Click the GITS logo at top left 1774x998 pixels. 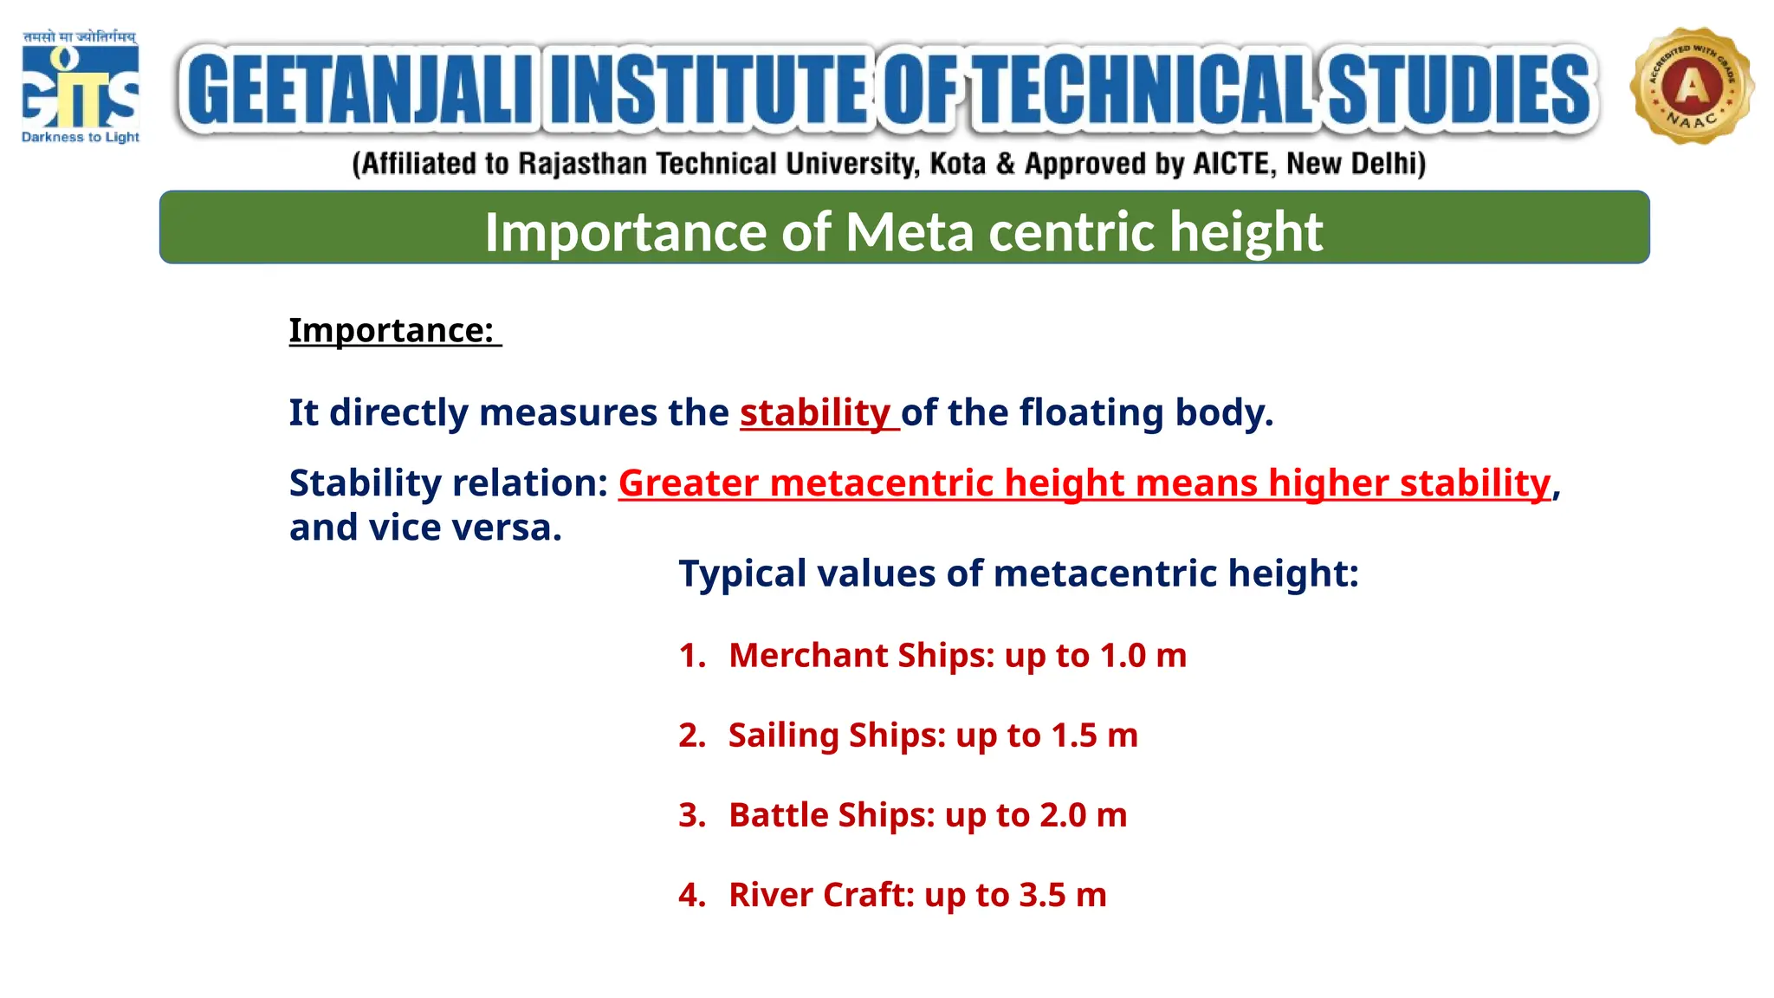click(80, 87)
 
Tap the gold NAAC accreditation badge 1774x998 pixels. click(1692, 86)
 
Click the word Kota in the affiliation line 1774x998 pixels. click(957, 164)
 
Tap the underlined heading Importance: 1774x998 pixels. click(392, 330)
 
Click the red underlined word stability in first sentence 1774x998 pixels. click(815, 412)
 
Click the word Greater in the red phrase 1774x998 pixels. click(688, 483)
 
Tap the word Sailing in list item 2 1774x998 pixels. click(784, 736)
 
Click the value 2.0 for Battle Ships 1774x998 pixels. click(1063, 815)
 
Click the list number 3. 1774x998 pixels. click(690, 815)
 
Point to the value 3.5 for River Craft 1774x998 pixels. click(1042, 895)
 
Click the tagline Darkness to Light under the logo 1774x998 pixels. click(80, 137)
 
